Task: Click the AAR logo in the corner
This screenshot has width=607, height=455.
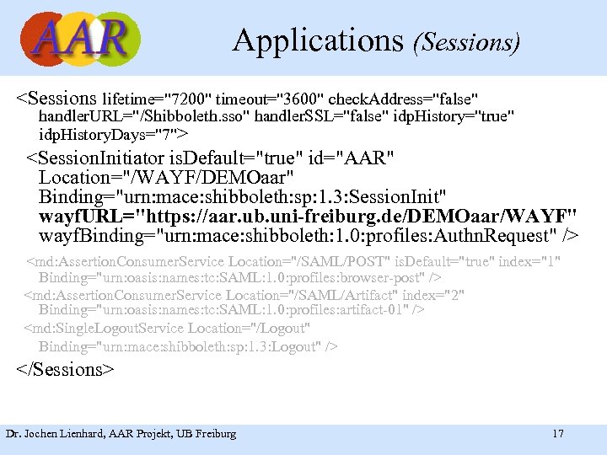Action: click(80, 39)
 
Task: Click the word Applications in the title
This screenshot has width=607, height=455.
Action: click(320, 40)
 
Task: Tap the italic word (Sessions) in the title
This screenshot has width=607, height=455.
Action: click(466, 41)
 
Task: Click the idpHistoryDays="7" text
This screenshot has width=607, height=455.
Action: click(113, 134)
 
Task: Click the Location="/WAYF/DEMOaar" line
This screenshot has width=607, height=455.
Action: click(166, 179)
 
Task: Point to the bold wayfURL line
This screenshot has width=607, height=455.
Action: click(308, 217)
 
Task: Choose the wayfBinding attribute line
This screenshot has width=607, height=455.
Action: click(308, 236)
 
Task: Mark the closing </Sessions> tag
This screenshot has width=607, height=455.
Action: click(66, 370)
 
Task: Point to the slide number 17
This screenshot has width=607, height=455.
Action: click(557, 434)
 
